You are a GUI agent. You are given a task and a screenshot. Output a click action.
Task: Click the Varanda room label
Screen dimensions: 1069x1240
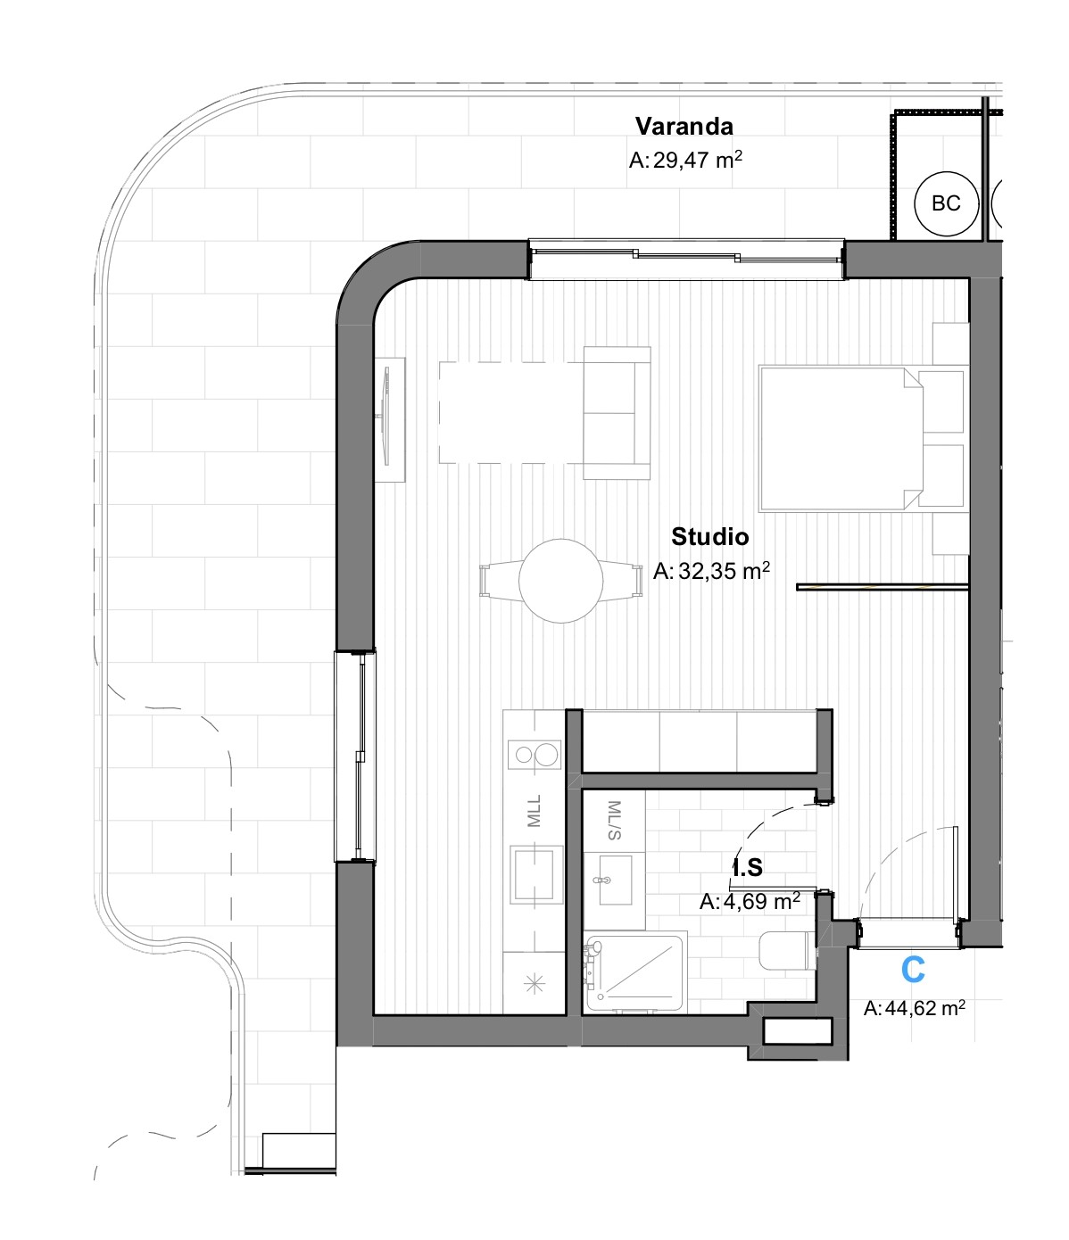click(684, 126)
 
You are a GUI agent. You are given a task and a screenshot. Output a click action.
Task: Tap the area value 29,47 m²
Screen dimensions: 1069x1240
click(685, 161)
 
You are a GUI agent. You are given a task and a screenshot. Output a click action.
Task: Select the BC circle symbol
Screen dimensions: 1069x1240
click(945, 204)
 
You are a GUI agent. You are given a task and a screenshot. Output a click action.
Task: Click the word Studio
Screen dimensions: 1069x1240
click(709, 536)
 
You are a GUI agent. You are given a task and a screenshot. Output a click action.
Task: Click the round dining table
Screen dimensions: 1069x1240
click(560, 580)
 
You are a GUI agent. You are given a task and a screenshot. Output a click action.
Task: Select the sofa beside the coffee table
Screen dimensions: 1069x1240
click(617, 413)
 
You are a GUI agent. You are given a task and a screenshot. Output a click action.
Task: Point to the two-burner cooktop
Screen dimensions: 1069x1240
click(534, 755)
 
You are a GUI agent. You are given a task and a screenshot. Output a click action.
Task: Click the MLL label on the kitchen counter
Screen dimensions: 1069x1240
click(534, 812)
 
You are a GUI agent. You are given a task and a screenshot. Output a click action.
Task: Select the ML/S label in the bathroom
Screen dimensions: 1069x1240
click(614, 820)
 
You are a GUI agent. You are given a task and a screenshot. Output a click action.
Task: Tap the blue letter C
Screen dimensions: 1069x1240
click(913, 970)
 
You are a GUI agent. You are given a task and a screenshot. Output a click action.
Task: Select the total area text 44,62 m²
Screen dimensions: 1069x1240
click(914, 1008)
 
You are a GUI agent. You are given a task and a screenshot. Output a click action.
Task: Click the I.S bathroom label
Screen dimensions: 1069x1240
click(748, 867)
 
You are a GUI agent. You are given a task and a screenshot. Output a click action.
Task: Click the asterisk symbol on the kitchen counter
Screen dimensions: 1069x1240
click(534, 985)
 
